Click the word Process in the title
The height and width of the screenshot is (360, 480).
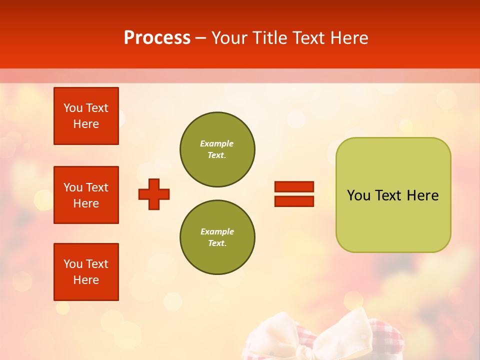[x=157, y=38]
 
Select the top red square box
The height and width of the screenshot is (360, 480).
[x=86, y=116]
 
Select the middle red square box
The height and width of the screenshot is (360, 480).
[x=86, y=195]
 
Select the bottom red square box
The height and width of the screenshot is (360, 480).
[x=86, y=272]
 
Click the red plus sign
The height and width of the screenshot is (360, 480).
[x=154, y=194]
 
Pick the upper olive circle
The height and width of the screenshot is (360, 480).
[x=217, y=149]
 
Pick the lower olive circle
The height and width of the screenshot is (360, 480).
[x=217, y=237]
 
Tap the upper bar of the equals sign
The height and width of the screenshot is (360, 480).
[x=294, y=187]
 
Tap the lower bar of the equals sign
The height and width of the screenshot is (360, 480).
[x=294, y=201]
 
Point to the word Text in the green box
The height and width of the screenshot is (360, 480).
[x=389, y=195]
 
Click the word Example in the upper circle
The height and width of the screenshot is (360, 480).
[x=216, y=144]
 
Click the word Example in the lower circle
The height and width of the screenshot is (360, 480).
[x=217, y=232]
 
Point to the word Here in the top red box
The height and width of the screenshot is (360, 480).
[x=86, y=124]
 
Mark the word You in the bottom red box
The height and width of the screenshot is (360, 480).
[x=73, y=264]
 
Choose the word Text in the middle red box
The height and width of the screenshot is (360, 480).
[x=97, y=187]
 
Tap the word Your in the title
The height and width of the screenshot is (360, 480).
[x=230, y=38]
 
